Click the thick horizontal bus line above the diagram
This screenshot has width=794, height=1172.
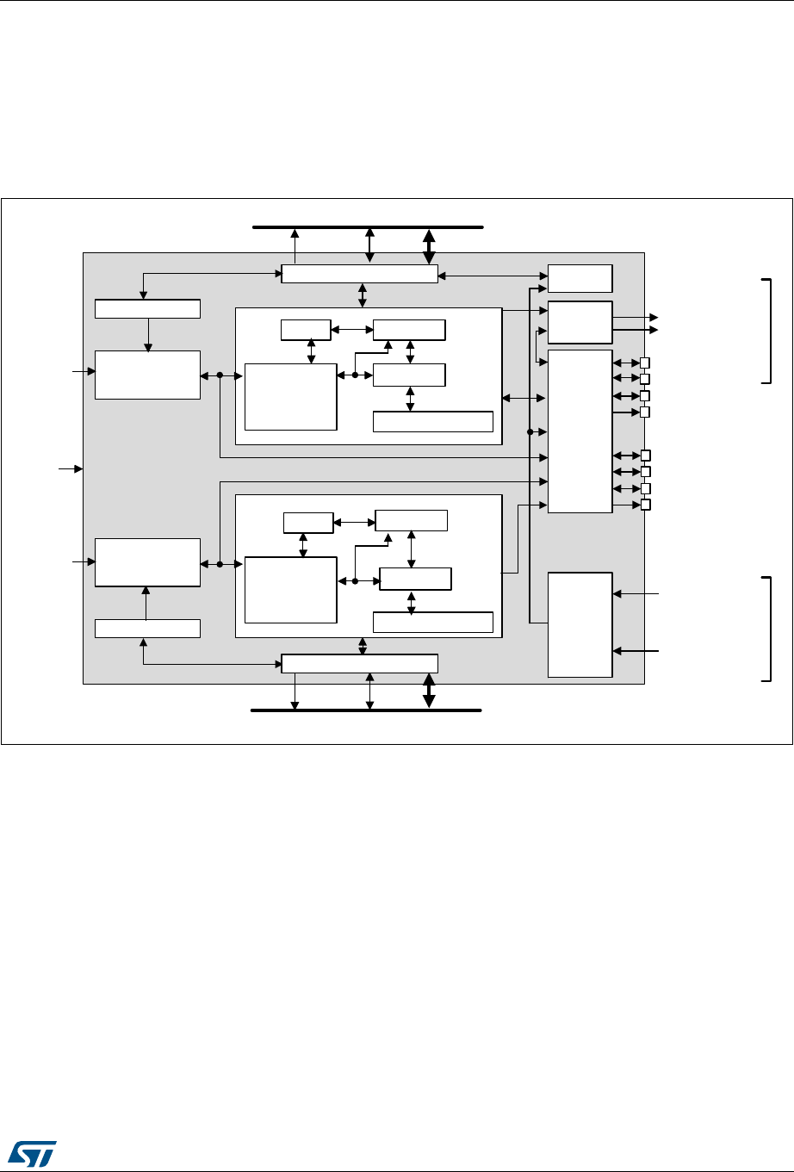[x=327, y=227]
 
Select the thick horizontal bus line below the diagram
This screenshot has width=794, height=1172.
[x=327, y=710]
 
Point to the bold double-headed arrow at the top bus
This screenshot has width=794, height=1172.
[x=429, y=245]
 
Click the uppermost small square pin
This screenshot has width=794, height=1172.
[x=645, y=363]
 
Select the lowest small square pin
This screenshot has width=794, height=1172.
[x=645, y=504]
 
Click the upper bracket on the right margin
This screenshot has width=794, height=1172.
[x=768, y=331]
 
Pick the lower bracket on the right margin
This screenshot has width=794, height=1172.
[x=768, y=629]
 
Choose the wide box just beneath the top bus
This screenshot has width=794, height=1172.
[x=359, y=273]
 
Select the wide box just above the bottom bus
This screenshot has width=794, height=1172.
[x=359, y=663]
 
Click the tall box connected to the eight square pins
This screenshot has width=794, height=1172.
[x=580, y=431]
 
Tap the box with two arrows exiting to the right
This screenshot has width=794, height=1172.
[x=580, y=323]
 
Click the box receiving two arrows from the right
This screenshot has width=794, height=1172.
[x=580, y=624]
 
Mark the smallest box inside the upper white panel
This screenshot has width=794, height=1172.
[x=306, y=329]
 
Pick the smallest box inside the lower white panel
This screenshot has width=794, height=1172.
[x=308, y=522]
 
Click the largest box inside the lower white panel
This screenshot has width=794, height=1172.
[x=290, y=590]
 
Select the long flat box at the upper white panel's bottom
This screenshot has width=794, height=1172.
[x=432, y=422]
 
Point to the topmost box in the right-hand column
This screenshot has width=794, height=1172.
[x=580, y=279]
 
